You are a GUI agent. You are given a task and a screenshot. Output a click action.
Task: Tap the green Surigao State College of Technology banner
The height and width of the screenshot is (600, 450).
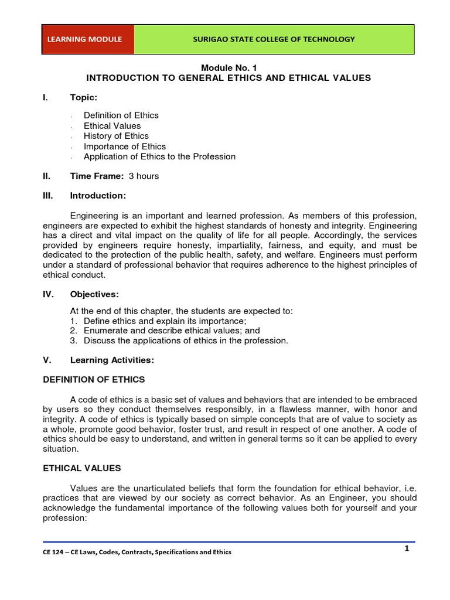(274, 39)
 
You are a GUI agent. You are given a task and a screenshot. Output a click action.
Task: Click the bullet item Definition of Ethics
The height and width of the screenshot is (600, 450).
(121, 115)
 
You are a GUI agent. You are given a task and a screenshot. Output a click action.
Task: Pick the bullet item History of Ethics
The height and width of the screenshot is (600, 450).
(116, 136)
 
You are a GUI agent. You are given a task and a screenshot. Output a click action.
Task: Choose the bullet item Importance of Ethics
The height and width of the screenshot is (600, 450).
(124, 146)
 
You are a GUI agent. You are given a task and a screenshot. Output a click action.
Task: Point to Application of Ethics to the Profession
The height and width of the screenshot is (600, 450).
(159, 156)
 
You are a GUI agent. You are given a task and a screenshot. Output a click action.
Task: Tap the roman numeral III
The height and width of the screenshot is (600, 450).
(49, 195)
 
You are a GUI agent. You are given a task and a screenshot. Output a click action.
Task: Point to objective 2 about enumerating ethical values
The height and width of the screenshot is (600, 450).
(172, 330)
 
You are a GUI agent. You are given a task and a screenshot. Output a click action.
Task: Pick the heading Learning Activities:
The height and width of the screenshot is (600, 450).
(112, 360)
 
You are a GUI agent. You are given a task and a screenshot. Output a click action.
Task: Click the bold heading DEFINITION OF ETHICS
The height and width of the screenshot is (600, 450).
(94, 379)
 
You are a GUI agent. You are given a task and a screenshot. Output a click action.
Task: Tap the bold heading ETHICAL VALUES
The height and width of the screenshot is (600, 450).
(82, 468)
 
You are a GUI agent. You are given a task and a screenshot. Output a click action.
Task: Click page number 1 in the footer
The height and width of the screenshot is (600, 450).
(405, 548)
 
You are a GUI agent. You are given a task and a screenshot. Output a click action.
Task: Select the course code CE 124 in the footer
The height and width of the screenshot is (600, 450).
(54, 552)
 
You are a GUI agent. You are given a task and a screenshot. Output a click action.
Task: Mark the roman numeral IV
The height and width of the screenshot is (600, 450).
(49, 294)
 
